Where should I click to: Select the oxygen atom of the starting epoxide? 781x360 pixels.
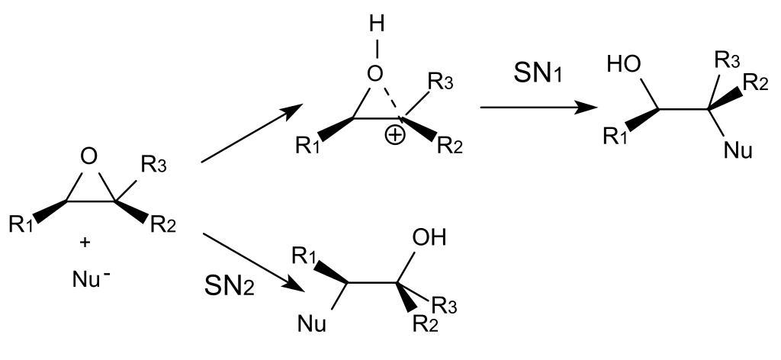coord(89,158)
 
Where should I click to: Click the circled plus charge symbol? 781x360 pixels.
coord(396,138)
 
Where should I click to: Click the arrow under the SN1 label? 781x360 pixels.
coord(538,108)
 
